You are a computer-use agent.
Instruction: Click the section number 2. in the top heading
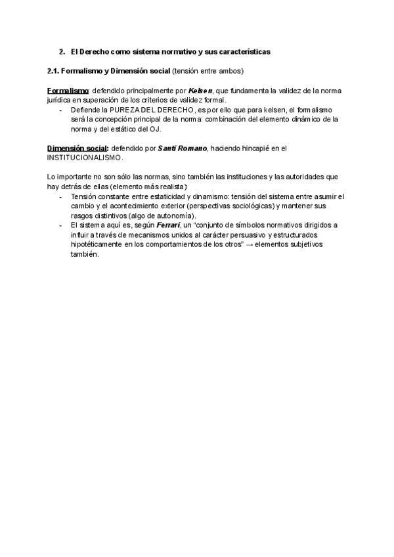62,51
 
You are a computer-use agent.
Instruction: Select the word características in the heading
244,51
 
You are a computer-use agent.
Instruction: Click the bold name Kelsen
200,90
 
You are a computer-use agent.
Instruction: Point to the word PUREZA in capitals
125,110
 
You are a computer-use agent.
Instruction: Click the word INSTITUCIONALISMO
85,158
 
